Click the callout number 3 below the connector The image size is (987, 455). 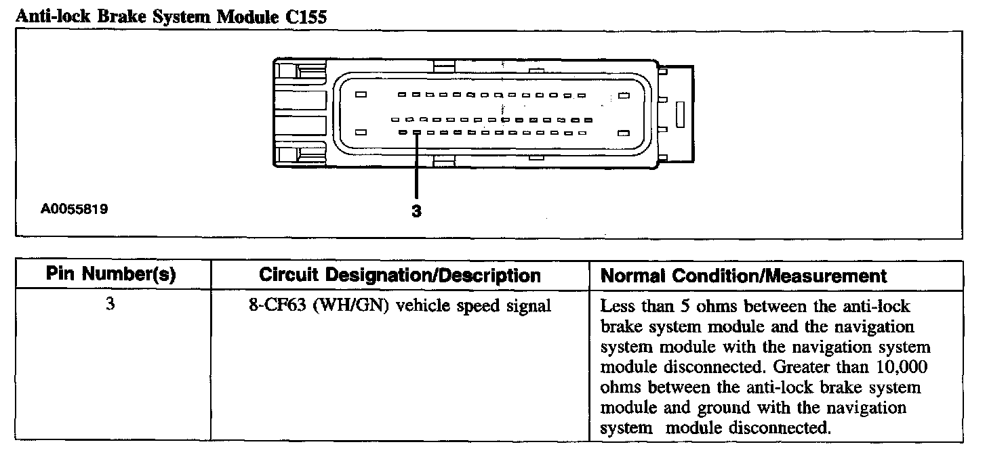(x=416, y=211)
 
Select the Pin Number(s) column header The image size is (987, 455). (x=111, y=276)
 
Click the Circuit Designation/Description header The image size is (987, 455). (x=400, y=276)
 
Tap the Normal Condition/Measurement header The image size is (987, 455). (x=744, y=276)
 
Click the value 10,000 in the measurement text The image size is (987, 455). (x=902, y=368)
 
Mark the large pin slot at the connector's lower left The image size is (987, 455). (x=361, y=133)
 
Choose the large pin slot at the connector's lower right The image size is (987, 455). (x=624, y=133)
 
